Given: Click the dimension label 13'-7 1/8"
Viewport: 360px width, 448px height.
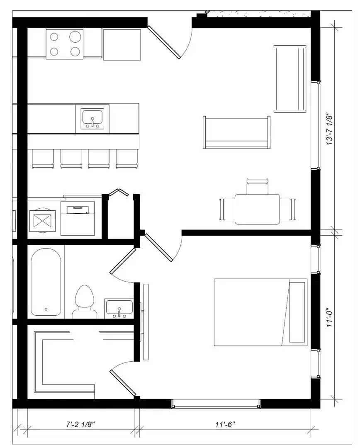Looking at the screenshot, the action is click(x=330, y=129).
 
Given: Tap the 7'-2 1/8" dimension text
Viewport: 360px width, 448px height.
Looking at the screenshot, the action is click(x=80, y=425).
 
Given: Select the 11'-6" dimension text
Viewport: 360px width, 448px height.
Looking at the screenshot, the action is click(x=225, y=425).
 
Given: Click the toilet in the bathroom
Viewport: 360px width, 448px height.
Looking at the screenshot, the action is click(x=84, y=302).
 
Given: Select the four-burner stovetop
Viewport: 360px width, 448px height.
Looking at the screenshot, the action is click(x=65, y=44).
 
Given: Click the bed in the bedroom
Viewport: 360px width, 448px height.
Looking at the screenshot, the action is click(x=260, y=312).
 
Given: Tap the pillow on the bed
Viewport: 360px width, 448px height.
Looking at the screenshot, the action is click(x=297, y=312).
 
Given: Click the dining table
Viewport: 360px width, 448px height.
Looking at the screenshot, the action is click(x=258, y=209).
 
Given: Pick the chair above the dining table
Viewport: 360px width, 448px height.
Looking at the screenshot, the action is click(x=258, y=186).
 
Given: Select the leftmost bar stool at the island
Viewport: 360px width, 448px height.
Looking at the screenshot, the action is click(x=43, y=158).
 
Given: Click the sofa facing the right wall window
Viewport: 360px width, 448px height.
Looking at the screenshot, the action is click(x=290, y=79).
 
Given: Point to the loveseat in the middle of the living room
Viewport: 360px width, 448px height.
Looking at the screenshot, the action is click(x=236, y=132).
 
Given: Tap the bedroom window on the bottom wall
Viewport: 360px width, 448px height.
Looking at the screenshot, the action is click(x=216, y=404).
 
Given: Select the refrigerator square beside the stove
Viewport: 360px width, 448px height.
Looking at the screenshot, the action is click(x=122, y=44).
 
